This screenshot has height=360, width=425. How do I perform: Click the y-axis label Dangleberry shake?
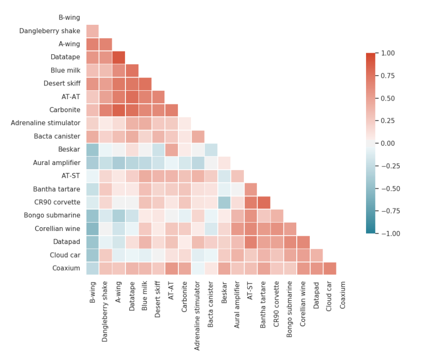(x=50, y=31)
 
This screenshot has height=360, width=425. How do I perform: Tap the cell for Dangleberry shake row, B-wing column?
(x=93, y=31)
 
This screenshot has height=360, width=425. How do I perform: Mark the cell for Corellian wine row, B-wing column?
(x=93, y=229)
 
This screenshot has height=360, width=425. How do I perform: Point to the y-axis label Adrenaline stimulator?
(x=45, y=123)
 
